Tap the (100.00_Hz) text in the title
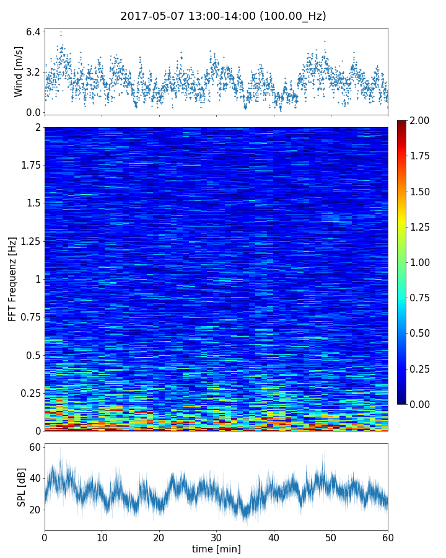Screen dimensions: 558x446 [x=292, y=16]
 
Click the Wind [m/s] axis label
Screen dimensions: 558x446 [x=19, y=71]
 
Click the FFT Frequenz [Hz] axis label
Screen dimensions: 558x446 [x=12, y=279]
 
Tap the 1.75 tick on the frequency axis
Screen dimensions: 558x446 [x=30, y=166]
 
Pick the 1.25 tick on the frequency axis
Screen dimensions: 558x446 [x=30, y=241]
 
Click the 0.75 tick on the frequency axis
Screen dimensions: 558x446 [x=30, y=317]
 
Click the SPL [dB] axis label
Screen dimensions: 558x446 [x=22, y=486]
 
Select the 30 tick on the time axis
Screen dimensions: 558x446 [x=216, y=537]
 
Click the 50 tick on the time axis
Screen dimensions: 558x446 [x=331, y=537]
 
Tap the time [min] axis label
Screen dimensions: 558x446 [x=216, y=549]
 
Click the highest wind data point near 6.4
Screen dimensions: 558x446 [x=61, y=31]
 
